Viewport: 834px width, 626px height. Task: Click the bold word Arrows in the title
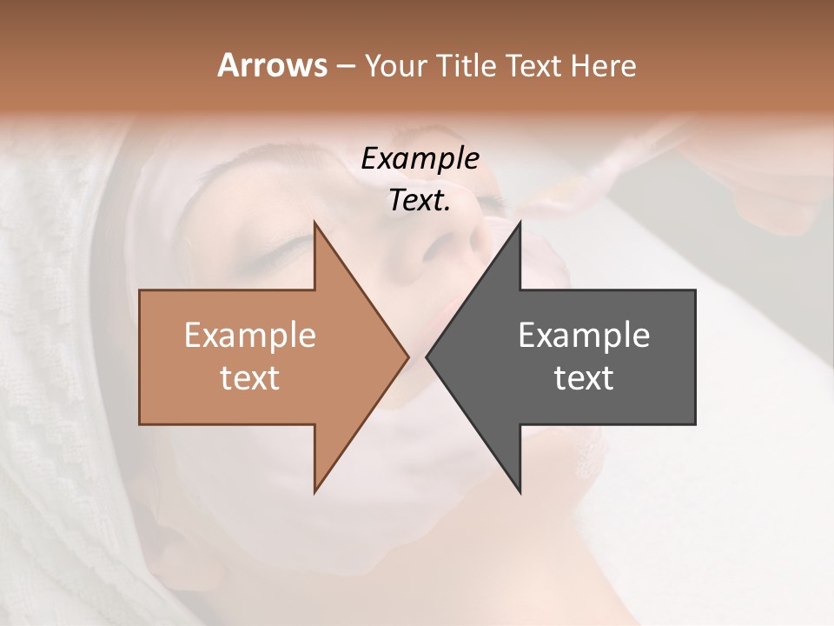coord(272,65)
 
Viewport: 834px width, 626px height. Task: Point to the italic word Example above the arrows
coord(420,159)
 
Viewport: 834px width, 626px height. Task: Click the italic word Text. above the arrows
coord(420,201)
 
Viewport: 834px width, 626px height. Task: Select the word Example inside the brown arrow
coord(249,336)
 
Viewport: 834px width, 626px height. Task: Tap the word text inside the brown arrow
coord(249,378)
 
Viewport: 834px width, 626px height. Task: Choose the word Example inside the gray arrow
coord(584,336)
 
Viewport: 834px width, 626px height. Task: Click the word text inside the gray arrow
coord(584,378)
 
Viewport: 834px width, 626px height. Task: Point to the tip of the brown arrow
coord(407,356)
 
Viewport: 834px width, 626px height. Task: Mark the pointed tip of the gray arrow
coord(427,356)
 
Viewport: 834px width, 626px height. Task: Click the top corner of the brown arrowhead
coord(315,223)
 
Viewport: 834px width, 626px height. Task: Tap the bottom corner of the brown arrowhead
coord(315,491)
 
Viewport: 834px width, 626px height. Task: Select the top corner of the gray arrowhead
coord(520,223)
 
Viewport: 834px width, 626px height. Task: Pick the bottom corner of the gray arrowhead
coord(520,491)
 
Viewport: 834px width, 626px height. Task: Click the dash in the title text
coord(345,67)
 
